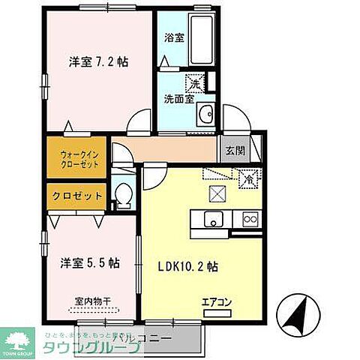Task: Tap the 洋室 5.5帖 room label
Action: tap(90, 263)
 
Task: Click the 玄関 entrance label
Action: tap(234, 150)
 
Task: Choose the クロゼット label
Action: tap(77, 196)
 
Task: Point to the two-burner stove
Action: tap(248, 220)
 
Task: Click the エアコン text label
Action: tap(216, 304)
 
